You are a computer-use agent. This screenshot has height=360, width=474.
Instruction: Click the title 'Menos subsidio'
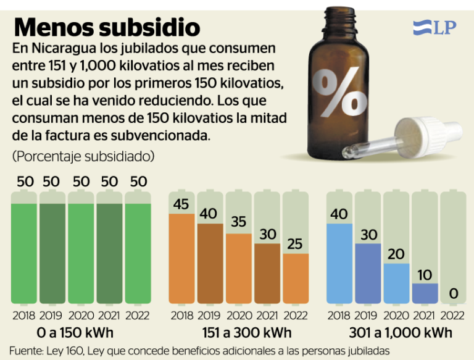pos(107,27)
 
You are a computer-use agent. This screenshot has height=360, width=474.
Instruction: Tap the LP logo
pos(434,28)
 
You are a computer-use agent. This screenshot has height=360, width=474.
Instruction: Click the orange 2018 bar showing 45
pos(182,259)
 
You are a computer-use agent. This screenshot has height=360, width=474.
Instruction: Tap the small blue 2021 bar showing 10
pos(425,293)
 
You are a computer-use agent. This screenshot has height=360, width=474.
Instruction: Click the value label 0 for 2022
pos(454,293)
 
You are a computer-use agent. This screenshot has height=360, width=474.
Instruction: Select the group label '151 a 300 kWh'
pos(238,333)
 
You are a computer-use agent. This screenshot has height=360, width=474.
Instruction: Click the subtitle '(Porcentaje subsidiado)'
pos(83,156)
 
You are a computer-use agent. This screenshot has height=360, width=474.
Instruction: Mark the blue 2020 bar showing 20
pos(396,283)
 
